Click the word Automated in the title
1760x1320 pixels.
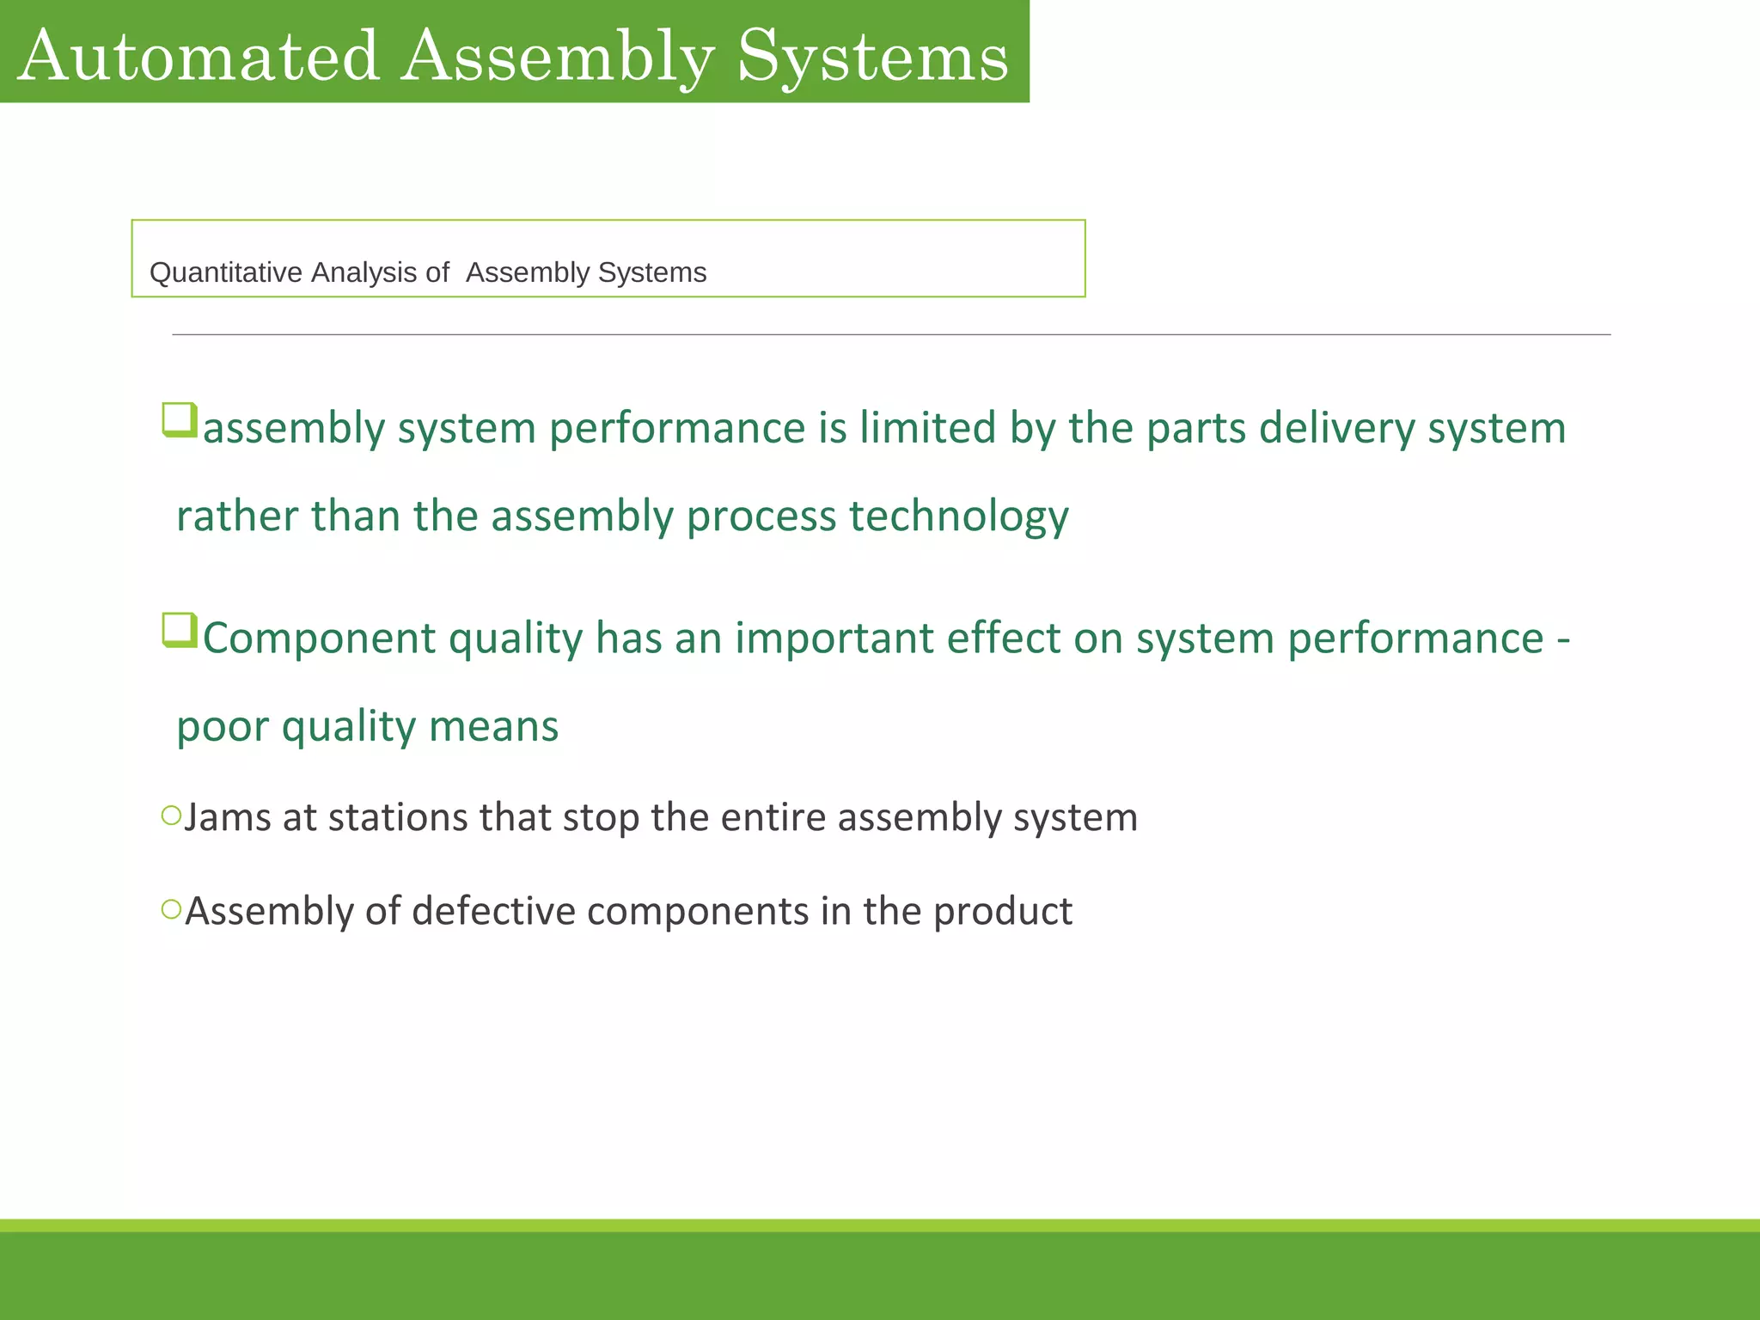[x=199, y=57]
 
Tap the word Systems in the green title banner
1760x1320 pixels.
[x=872, y=57]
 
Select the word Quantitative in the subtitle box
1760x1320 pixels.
[x=226, y=272]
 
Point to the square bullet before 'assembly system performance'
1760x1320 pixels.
[x=180, y=420]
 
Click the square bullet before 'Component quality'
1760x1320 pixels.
[x=180, y=630]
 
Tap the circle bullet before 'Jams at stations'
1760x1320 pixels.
[x=171, y=815]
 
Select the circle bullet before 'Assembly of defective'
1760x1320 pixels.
[x=171, y=908]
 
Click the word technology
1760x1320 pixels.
[x=958, y=517]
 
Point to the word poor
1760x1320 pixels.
[x=222, y=727]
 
